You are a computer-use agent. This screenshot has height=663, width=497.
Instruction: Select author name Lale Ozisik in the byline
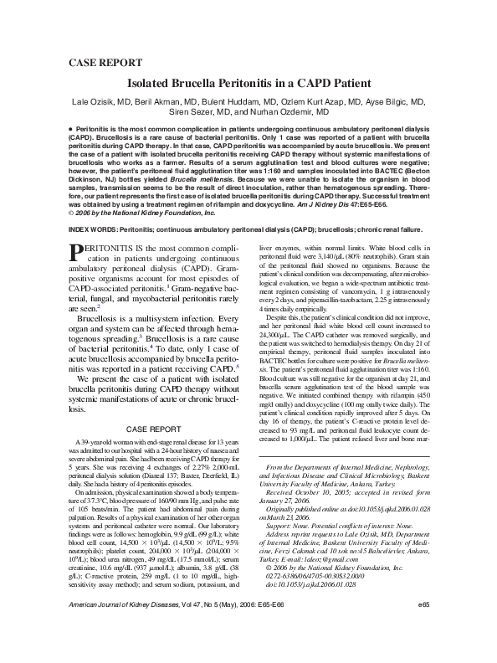tap(96, 100)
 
